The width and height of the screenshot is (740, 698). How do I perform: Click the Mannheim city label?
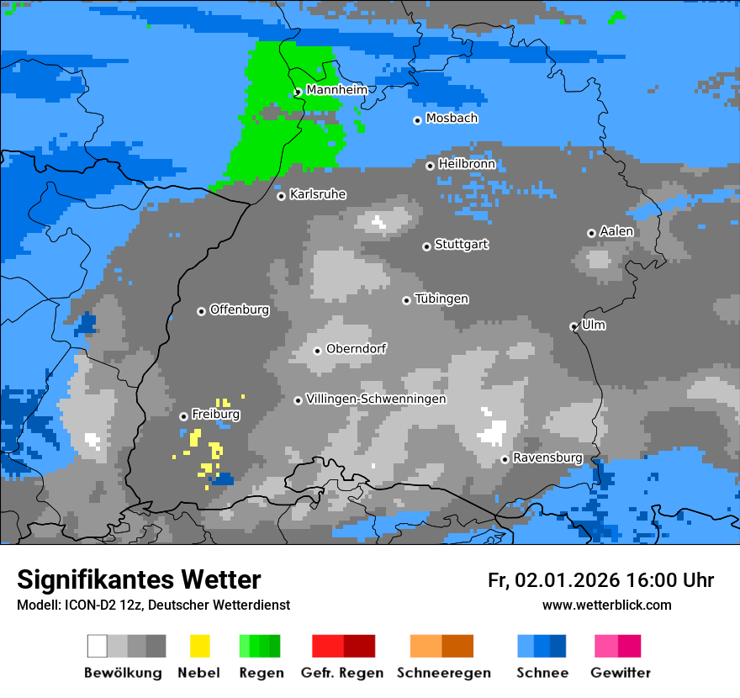pos(336,89)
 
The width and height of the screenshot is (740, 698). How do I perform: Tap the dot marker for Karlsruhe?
pos(282,196)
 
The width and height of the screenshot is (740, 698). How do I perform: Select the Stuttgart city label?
pos(461,245)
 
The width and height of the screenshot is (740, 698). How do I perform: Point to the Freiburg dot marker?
pos(183,416)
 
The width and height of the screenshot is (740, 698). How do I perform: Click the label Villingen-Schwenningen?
pos(376,399)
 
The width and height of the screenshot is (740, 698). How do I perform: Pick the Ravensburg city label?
pos(547,457)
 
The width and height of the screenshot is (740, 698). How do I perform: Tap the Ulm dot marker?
pos(574,326)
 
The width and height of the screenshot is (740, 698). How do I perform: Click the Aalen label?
pos(616,231)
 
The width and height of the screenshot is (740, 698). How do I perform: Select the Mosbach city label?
pos(452,119)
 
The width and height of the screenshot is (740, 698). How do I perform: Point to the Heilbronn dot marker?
pos(431,166)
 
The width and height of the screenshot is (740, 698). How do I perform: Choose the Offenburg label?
pos(240,309)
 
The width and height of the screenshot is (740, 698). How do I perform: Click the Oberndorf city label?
pos(357,348)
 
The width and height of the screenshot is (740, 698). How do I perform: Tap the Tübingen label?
pos(441,299)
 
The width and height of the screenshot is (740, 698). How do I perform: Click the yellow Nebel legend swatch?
pos(200,646)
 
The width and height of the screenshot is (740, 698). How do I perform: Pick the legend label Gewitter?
pos(621,673)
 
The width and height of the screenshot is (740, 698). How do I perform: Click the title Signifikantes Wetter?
pos(139,579)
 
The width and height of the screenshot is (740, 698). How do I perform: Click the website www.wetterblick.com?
pos(606,605)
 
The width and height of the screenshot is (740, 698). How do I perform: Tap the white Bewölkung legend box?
pos(97,646)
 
